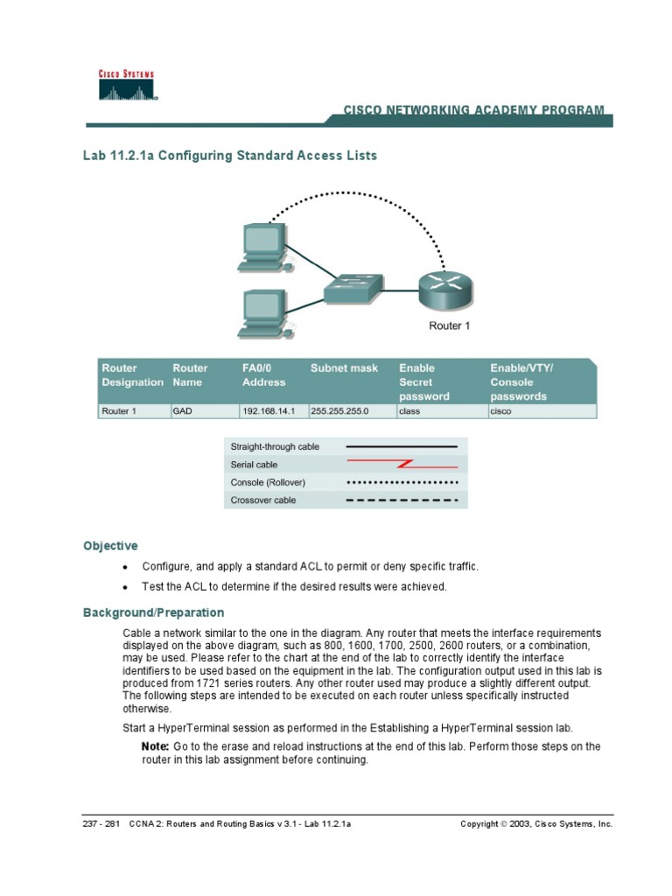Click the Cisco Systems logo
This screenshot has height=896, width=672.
coord(127,86)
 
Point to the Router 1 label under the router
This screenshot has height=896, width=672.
coord(449,326)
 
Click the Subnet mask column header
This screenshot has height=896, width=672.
coord(344,368)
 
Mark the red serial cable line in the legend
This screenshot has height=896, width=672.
coord(402,464)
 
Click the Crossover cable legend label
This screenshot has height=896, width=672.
coord(263,500)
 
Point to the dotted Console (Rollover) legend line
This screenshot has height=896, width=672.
coord(402,482)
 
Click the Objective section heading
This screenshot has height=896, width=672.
coord(110,545)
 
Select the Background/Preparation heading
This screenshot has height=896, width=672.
coord(153,612)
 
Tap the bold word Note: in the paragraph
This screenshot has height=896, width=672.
coord(155,746)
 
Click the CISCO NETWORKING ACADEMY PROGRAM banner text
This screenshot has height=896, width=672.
coord(472,110)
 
